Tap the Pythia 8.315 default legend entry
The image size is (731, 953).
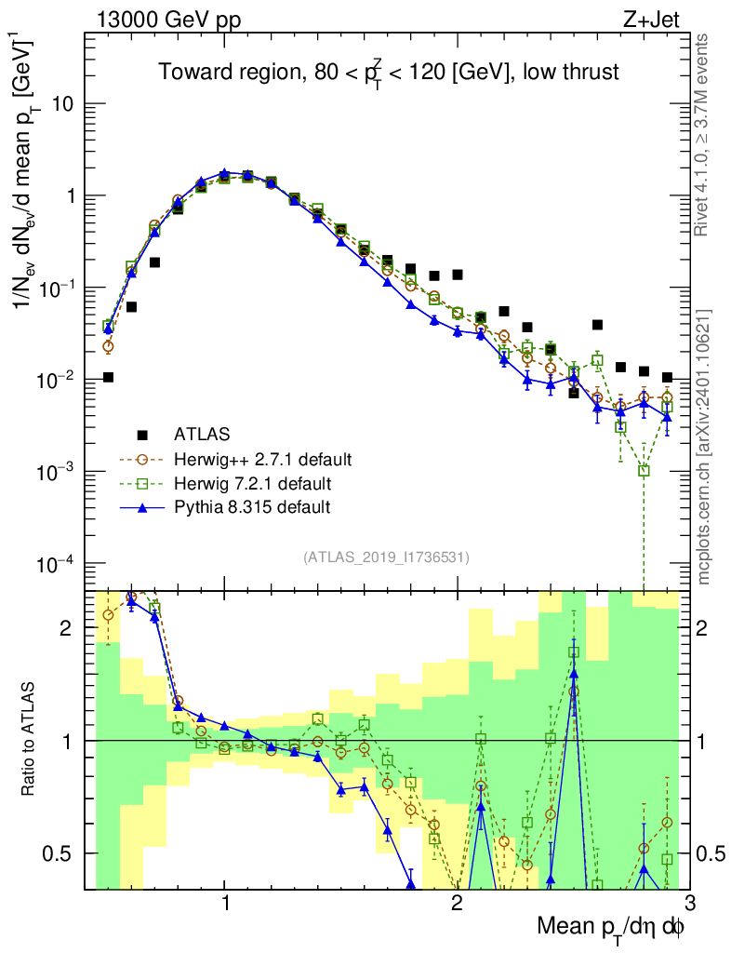251,508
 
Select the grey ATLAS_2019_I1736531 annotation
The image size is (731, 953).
386,558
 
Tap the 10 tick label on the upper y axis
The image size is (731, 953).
63,104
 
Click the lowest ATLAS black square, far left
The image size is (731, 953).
108,377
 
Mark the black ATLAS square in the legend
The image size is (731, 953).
142,434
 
